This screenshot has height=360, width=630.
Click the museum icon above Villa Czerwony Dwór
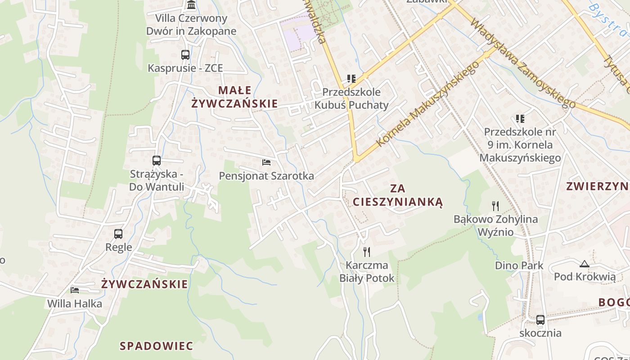tap(191, 5)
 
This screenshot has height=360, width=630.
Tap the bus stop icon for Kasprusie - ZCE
tap(185, 55)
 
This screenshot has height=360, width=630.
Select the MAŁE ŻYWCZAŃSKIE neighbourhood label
tap(234, 97)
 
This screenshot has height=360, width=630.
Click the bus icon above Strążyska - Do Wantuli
tap(157, 160)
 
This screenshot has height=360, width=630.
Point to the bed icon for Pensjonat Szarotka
tap(266, 162)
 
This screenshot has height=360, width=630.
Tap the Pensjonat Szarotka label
tap(266, 175)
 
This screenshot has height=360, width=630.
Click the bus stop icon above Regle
tap(118, 234)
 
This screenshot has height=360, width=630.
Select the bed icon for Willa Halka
tap(75, 290)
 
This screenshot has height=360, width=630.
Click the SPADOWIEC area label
tap(156, 346)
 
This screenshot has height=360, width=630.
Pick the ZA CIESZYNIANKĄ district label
tap(398, 195)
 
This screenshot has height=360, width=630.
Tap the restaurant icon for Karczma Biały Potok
tap(367, 252)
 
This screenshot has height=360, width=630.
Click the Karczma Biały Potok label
tap(367, 272)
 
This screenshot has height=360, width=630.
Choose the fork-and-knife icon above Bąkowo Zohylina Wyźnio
tap(495, 206)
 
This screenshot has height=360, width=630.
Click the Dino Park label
tap(519, 265)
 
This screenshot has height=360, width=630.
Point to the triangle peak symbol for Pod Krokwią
tap(585, 264)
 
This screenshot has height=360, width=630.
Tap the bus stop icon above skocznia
tap(540, 320)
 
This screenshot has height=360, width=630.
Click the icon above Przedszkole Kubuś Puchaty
tap(351, 79)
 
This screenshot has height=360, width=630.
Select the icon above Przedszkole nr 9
tap(520, 119)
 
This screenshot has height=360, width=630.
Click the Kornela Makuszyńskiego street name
tap(427, 104)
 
